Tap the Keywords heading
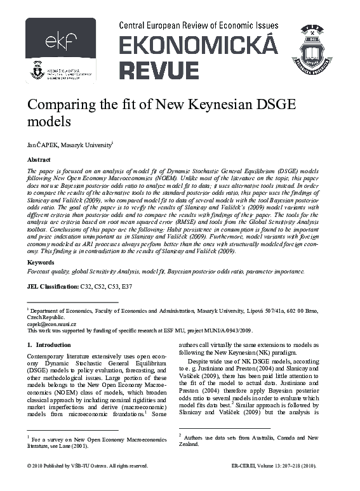[41, 261]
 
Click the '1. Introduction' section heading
[44, 345]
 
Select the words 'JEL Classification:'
[51, 287]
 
